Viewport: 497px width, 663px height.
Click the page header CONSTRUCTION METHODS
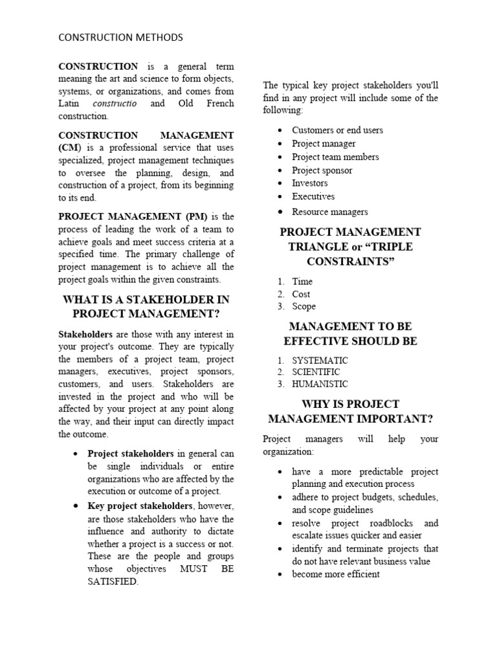click(120, 38)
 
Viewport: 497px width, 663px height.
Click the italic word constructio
click(115, 104)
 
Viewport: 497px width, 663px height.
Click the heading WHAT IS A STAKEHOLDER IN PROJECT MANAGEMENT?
click(146, 307)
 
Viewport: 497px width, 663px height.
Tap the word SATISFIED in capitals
click(113, 581)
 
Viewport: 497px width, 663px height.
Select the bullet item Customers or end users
click(337, 130)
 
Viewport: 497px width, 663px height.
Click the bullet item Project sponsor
click(322, 170)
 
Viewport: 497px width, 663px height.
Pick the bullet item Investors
click(309, 183)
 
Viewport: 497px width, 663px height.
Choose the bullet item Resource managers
click(329, 212)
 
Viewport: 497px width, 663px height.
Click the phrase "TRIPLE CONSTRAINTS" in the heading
click(350, 254)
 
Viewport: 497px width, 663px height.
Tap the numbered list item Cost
click(301, 294)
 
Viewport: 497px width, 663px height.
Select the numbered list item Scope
click(304, 306)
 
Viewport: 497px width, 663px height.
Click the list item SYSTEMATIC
click(320, 360)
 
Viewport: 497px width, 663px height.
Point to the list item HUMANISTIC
click(320, 384)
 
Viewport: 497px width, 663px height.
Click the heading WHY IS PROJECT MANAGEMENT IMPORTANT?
click(350, 410)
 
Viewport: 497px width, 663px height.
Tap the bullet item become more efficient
click(335, 574)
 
